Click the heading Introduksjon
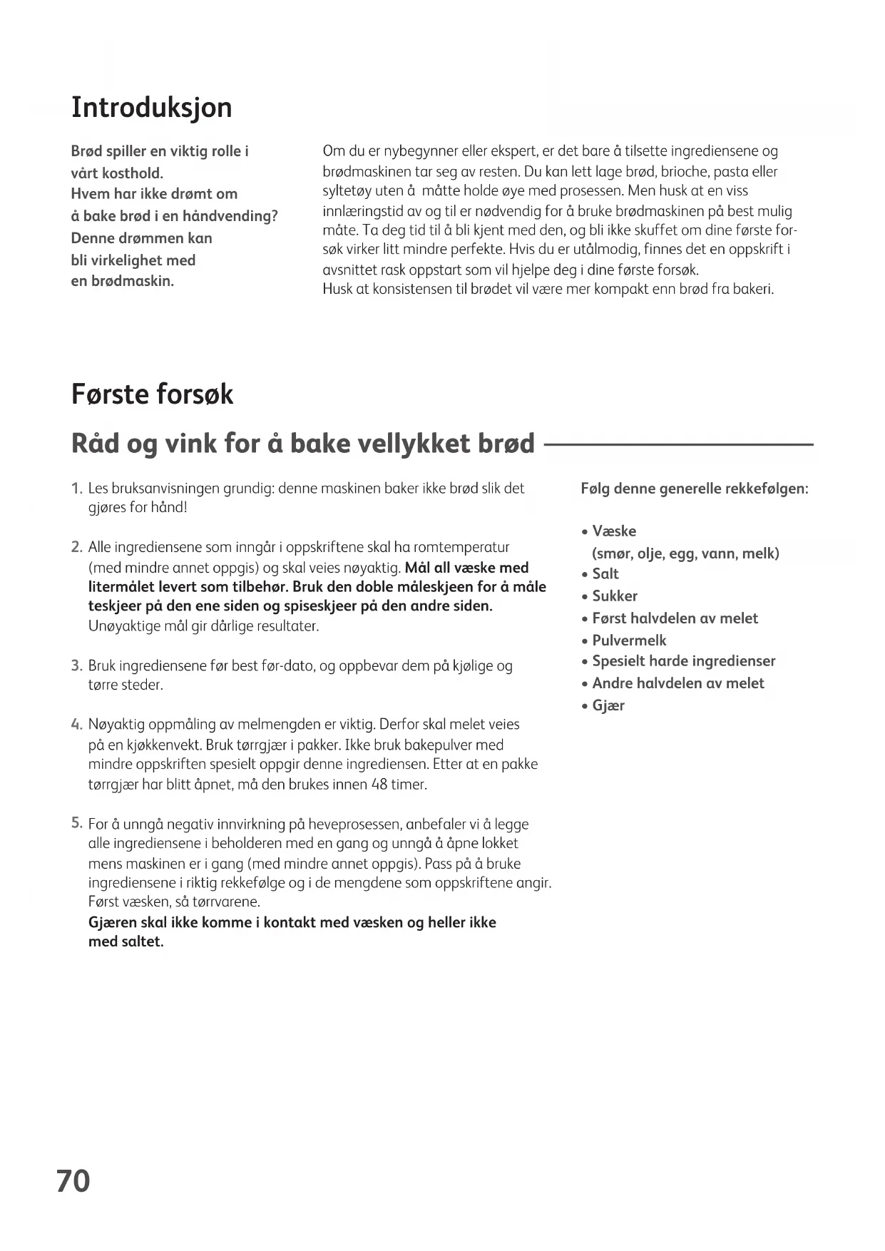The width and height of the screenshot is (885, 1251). click(152, 108)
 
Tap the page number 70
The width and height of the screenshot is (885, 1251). click(73, 1180)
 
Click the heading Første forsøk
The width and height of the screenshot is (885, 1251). click(152, 394)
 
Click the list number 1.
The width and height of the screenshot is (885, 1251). click(76, 489)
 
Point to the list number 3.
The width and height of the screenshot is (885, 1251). click(76, 666)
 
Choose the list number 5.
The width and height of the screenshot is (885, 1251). click(76, 823)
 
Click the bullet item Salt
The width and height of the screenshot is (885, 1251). click(605, 574)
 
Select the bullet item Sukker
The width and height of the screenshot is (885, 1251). click(614, 596)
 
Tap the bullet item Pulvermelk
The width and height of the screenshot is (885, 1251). click(629, 640)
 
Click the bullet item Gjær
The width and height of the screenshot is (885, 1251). click(608, 705)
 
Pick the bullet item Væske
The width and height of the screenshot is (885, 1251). click(613, 531)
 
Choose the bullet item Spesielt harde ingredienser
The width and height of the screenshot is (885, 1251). click(683, 661)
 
